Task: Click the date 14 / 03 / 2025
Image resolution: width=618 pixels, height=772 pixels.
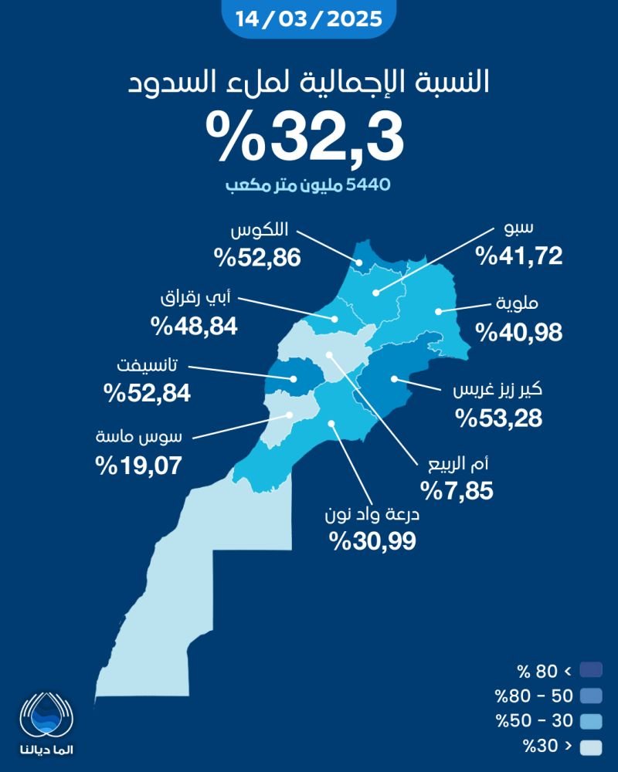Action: (x=308, y=18)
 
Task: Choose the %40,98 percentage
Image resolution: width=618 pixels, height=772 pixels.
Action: (x=518, y=332)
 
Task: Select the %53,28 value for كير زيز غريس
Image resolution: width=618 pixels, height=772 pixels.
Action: (x=499, y=418)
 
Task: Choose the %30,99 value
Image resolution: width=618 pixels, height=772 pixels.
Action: (x=372, y=540)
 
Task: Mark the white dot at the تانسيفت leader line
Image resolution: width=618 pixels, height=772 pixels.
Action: (x=295, y=378)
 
